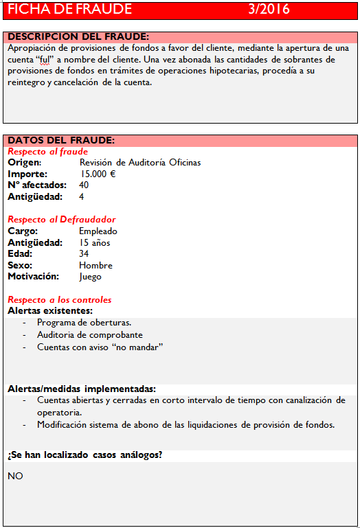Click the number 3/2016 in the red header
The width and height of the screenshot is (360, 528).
[269, 10]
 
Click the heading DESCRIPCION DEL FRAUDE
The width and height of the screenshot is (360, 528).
[78, 36]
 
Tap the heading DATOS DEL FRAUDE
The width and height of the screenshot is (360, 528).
[61, 140]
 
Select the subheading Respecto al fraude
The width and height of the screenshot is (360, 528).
[47, 151]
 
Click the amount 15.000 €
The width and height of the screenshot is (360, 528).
[98, 174]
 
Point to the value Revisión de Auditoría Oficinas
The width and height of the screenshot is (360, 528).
[140, 163]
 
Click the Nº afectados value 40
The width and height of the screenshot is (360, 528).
[84, 185]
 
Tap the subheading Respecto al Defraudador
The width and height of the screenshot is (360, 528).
[62, 220]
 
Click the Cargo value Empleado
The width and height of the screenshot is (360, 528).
[98, 231]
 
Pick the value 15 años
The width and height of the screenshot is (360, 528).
[95, 242]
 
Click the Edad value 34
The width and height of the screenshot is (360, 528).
[84, 254]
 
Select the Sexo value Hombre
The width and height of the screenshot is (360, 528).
[95, 266]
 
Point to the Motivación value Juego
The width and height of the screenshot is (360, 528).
[90, 277]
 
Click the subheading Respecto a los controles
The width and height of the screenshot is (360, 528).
[59, 300]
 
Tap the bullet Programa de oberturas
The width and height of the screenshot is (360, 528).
[84, 323]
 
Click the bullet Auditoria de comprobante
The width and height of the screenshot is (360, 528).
[90, 335]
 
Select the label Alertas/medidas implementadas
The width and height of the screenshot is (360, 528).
[82, 389]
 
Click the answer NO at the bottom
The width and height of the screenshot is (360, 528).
[15, 476]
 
